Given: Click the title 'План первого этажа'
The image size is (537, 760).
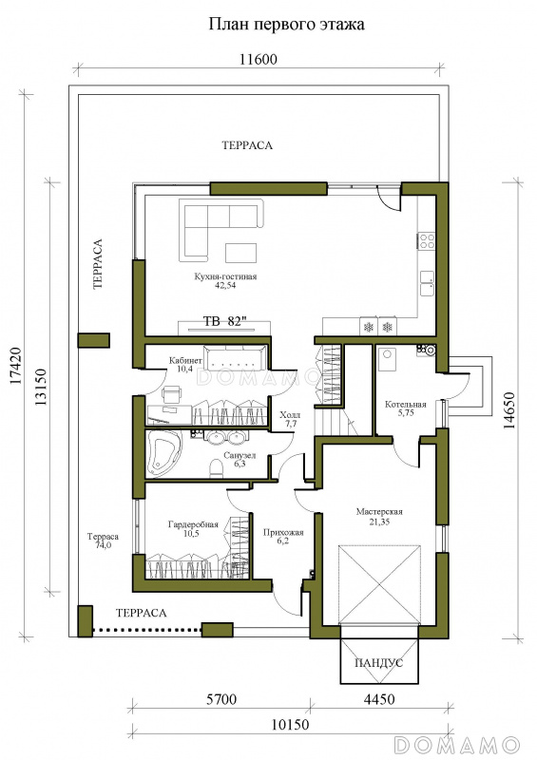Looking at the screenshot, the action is point(286,25).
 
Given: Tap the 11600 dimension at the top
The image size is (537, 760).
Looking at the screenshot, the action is point(259,60).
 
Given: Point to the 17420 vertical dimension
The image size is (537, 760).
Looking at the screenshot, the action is point(16,366).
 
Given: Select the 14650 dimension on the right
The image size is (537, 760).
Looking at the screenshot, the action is point(508,410).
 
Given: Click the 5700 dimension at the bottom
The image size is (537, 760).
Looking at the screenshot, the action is point(221,699).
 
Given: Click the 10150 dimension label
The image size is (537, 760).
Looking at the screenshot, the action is point(290,725).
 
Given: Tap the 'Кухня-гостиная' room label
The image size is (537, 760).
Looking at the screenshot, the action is point(225,276).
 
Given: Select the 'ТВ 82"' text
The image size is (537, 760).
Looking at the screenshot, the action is point(224,321).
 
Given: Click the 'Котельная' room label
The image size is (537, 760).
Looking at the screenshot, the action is point(406,405).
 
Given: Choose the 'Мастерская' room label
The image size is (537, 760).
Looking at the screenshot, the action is point(379,512).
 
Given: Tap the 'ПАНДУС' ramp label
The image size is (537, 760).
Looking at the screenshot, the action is point(379,662).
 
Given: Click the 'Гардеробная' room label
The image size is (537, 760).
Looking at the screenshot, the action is point(193,524).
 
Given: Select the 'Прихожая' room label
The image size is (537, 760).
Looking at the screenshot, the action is point(283,533).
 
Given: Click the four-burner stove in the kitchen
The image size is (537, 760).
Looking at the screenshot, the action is point(427,241).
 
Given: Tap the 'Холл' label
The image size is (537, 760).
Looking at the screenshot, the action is point(290,415).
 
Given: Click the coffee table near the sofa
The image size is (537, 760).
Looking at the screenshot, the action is point(241,253).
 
